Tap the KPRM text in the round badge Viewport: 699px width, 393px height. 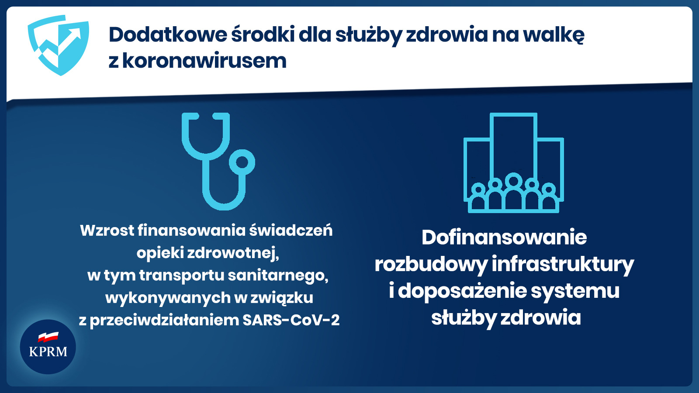[48, 352]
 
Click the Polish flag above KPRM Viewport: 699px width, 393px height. [48, 337]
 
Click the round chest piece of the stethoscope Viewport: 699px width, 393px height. [242, 162]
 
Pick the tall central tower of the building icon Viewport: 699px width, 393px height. [514, 144]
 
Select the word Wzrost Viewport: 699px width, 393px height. [107, 231]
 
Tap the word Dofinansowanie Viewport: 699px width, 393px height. [504, 238]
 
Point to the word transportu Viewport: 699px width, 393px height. [182, 276]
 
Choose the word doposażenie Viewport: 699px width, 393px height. [462, 291]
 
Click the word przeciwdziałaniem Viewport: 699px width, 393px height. [164, 321]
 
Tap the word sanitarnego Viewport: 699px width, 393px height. [278, 276]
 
